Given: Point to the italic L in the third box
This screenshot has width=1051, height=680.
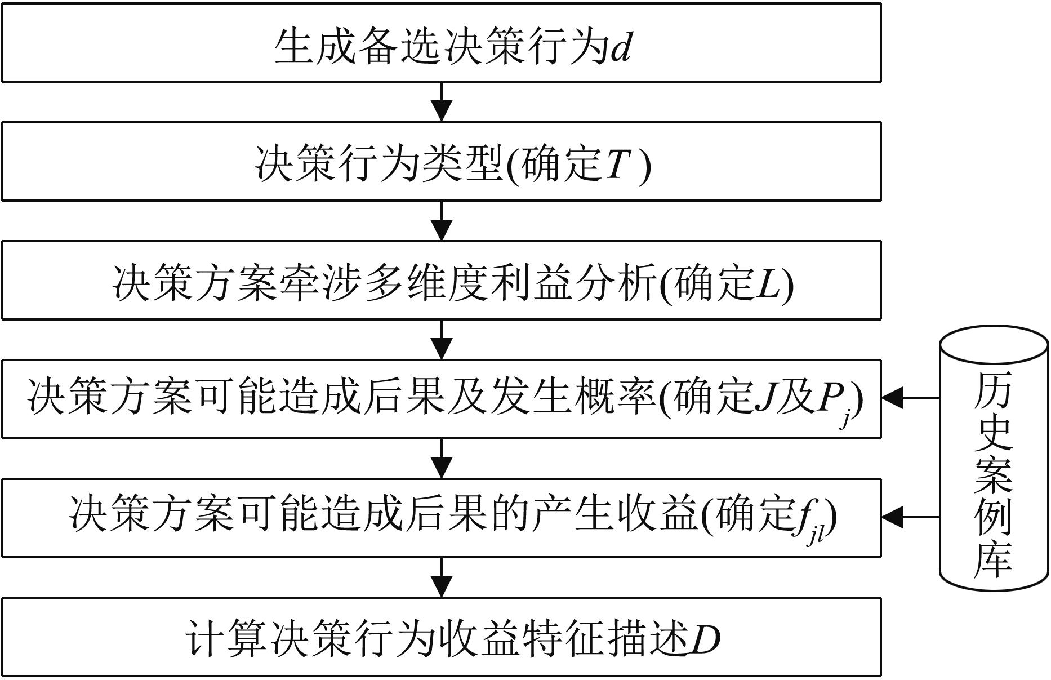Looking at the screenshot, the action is (768, 283).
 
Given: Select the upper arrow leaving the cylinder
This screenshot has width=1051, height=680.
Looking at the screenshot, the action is (911, 398).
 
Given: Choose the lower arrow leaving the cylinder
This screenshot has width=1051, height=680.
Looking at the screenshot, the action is (911, 517).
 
